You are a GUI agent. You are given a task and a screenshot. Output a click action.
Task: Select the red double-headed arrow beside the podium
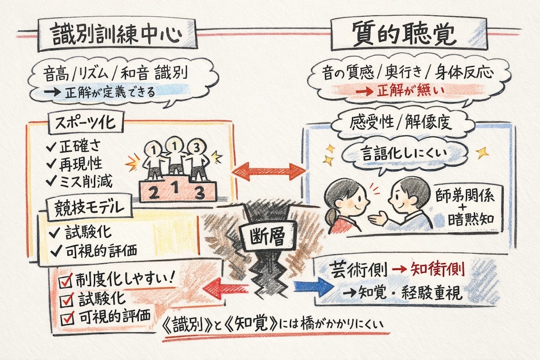[269, 170]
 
